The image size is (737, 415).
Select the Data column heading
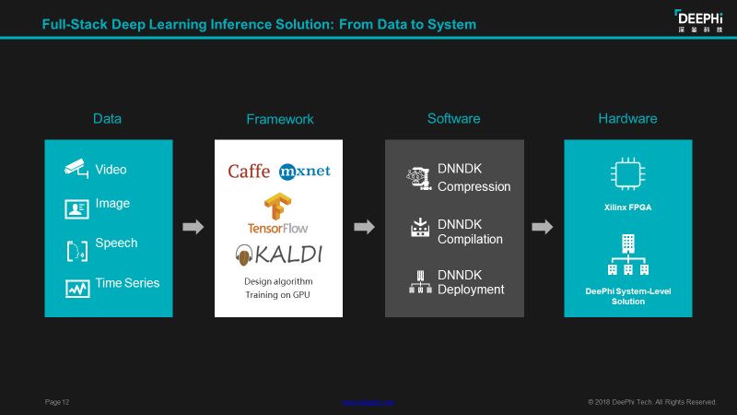click(107, 119)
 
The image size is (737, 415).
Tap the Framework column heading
click(279, 119)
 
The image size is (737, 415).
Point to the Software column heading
click(453, 119)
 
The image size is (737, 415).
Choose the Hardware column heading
click(627, 119)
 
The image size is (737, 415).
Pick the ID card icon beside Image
click(76, 208)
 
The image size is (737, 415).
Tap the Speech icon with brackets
click(76, 249)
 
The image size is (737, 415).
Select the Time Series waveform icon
click(76, 288)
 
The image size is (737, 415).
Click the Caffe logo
click(249, 172)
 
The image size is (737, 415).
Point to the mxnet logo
click(305, 172)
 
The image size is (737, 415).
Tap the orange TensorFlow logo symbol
click(277, 205)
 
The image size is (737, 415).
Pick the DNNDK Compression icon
click(420, 178)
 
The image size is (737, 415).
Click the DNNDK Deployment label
click(471, 281)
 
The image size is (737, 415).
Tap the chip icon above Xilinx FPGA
click(626, 174)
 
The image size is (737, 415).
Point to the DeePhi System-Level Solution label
click(627, 296)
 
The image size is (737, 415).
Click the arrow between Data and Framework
click(193, 228)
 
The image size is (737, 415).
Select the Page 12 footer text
click(57, 402)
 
